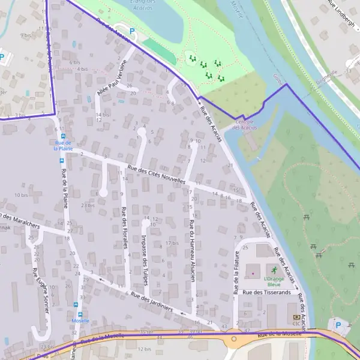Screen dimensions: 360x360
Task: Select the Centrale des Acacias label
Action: click(x=244, y=124)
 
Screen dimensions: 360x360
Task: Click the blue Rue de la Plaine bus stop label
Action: click(x=62, y=146)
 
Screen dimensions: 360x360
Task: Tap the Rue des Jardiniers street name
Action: click(x=152, y=303)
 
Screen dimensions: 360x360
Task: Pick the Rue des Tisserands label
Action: click(x=266, y=292)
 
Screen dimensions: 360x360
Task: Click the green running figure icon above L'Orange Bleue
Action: click(x=275, y=270)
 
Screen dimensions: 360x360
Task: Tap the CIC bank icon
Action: click(x=296, y=317)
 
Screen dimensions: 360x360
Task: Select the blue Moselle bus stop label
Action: click(x=80, y=320)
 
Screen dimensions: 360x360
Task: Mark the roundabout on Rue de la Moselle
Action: click(x=233, y=338)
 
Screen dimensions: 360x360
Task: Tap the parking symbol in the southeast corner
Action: click(x=338, y=325)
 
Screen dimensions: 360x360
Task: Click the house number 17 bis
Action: click(x=172, y=243)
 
